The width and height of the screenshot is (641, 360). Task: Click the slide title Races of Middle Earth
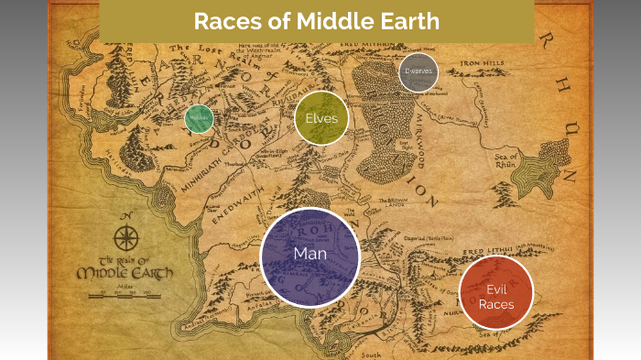point(315,21)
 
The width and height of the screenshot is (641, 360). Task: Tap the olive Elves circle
point(321,118)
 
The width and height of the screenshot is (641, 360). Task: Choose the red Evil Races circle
point(495,292)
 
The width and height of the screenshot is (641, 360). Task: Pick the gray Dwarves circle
point(418,71)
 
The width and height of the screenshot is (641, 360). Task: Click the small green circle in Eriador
point(199,119)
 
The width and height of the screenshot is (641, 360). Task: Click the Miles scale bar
point(125,294)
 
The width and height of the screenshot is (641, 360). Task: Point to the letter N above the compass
point(126,217)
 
